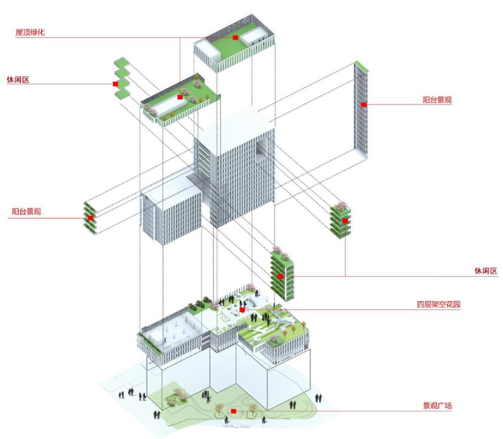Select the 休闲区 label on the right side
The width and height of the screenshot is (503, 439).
point(486,271)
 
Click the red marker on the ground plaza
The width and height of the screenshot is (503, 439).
point(234,411)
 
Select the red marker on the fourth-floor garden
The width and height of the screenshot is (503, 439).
point(242,310)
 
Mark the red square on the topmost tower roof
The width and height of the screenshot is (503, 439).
point(235,38)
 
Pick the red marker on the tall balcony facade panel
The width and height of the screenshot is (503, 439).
point(364,104)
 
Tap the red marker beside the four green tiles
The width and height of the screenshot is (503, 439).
point(115,84)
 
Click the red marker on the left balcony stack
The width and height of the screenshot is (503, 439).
point(91,218)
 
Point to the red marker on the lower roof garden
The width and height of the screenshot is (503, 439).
point(180,97)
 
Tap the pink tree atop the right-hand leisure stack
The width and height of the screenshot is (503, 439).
point(342,205)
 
